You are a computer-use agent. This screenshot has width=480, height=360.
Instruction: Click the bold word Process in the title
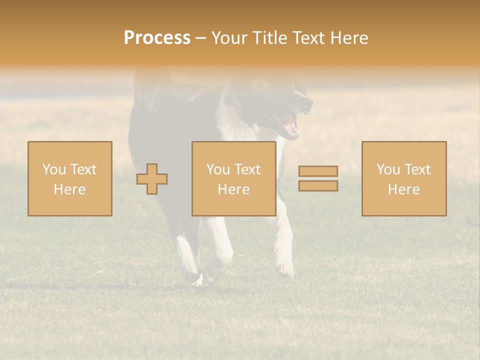pos(157,38)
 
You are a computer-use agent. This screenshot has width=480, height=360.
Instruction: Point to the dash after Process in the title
pos(200,38)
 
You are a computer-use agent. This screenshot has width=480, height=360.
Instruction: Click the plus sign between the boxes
pos(152,179)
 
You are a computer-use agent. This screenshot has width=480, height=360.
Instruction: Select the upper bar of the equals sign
pos(318,171)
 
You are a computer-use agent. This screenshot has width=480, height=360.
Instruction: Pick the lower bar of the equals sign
pos(318,185)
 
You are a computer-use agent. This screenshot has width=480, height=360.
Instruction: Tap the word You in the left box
pos(53,169)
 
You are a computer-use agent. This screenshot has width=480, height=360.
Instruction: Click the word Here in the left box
pos(69,189)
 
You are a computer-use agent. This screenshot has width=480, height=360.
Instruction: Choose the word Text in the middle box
pos(247,169)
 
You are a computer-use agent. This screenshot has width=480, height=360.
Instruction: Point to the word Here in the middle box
pos(233,189)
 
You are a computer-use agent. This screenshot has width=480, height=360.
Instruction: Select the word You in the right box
pos(387,169)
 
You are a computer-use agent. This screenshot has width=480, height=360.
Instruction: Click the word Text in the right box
pos(417,169)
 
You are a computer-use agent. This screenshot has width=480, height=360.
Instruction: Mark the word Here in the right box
pos(403,189)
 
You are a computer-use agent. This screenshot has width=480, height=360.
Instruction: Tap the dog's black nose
pos(308,104)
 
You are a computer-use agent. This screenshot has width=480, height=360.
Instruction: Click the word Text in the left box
pos(83,169)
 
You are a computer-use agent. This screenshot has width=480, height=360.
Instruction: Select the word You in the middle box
pos(217,169)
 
